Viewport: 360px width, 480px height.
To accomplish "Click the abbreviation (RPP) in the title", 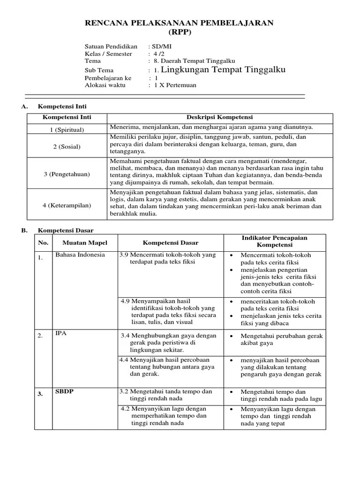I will tap(180, 32).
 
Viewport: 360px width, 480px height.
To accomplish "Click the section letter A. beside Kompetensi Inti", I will tap(25, 107).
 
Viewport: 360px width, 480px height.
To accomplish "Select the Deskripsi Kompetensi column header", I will tap(219, 117).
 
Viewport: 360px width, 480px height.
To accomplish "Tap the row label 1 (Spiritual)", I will tap(67, 129).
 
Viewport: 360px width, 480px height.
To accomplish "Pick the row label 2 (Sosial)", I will tap(67, 147).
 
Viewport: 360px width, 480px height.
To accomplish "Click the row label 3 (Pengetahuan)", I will tap(67, 174).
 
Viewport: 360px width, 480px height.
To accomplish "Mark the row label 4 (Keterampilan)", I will tap(67, 205).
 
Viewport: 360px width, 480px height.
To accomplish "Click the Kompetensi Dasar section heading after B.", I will tap(66, 231).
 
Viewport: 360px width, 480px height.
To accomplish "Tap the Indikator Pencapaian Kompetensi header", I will tap(274, 241).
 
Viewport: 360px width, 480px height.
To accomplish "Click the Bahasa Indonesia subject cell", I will tap(80, 255).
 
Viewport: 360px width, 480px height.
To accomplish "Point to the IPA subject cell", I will tap(61, 333).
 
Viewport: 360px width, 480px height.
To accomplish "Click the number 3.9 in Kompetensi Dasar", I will tap(124, 255).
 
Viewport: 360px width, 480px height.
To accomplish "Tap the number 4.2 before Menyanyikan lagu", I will tap(125, 409).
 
